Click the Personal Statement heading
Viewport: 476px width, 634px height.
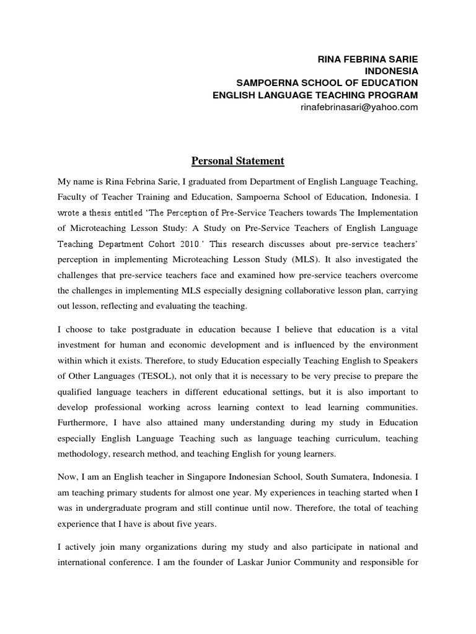[237, 161]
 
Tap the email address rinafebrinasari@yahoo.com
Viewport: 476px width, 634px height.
[358, 106]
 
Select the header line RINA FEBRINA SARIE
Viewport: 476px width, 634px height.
[368, 59]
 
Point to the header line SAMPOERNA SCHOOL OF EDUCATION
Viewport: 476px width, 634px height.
[328, 83]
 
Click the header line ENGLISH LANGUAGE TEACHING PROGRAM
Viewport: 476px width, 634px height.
[315, 95]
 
